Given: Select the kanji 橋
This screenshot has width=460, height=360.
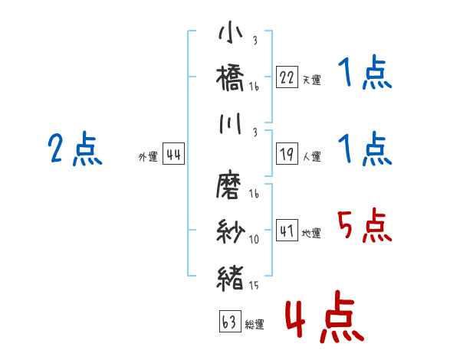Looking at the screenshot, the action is pyautogui.click(x=232, y=80).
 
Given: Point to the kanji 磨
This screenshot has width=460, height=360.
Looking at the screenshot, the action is pyautogui.click(x=232, y=186).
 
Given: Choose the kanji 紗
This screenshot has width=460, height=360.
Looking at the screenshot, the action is pyautogui.click(x=232, y=230).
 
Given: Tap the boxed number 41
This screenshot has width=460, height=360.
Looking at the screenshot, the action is pyautogui.click(x=287, y=231).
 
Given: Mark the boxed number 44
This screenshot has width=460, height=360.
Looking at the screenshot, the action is pyautogui.click(x=173, y=155).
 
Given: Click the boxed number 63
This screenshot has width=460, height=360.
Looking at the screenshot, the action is pyautogui.click(x=228, y=322).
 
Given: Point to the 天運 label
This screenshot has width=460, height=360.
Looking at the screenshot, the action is pyautogui.click(x=311, y=80).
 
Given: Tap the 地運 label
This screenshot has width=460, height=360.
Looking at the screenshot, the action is pyautogui.click(x=311, y=233).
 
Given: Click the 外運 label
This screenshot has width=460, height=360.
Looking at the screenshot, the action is pyautogui.click(x=147, y=157).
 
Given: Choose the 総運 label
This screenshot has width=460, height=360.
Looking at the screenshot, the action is pyautogui.click(x=254, y=325).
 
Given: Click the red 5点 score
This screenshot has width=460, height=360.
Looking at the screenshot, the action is pyautogui.click(x=364, y=226).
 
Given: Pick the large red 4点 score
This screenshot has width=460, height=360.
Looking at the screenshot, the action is pyautogui.click(x=323, y=319).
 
